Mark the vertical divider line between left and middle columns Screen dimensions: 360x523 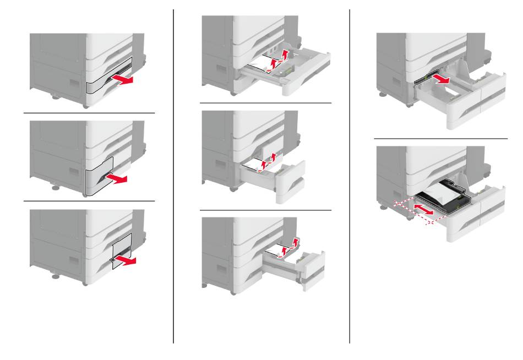[174, 176]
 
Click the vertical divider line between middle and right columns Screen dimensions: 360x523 [350, 176]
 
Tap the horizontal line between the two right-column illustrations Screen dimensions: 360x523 [440, 138]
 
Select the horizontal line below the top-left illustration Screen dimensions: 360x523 [89, 113]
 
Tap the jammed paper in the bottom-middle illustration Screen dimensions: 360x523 [280, 251]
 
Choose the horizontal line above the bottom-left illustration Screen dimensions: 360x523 [89, 201]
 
